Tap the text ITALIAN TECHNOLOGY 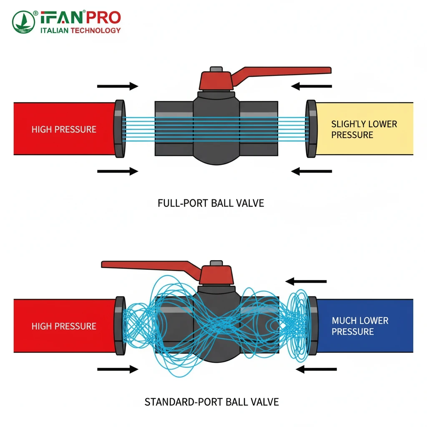coord(80,30)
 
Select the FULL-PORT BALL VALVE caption coord(211,203)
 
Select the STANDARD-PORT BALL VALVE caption coord(211,402)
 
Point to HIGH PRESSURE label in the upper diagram coord(64,129)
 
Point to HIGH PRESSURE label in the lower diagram coord(64,326)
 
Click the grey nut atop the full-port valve coord(216,69)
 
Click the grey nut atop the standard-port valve coord(216,264)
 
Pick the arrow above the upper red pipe coord(117,86)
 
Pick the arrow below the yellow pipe coord(311,171)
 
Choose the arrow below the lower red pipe coord(117,369)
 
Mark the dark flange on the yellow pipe coord(311,129)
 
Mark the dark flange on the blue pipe coord(311,326)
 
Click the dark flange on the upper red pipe coord(119,129)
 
